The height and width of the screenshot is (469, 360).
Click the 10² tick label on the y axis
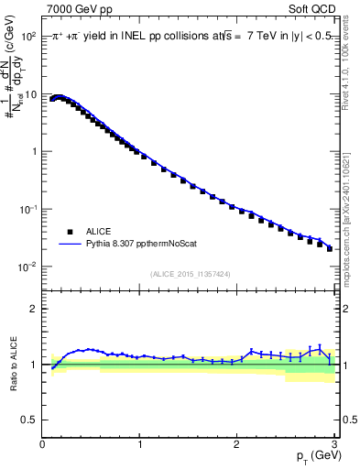coord(28,37)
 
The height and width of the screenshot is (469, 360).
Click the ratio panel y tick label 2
coord(34,309)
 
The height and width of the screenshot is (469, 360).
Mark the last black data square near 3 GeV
coord(330,248)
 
